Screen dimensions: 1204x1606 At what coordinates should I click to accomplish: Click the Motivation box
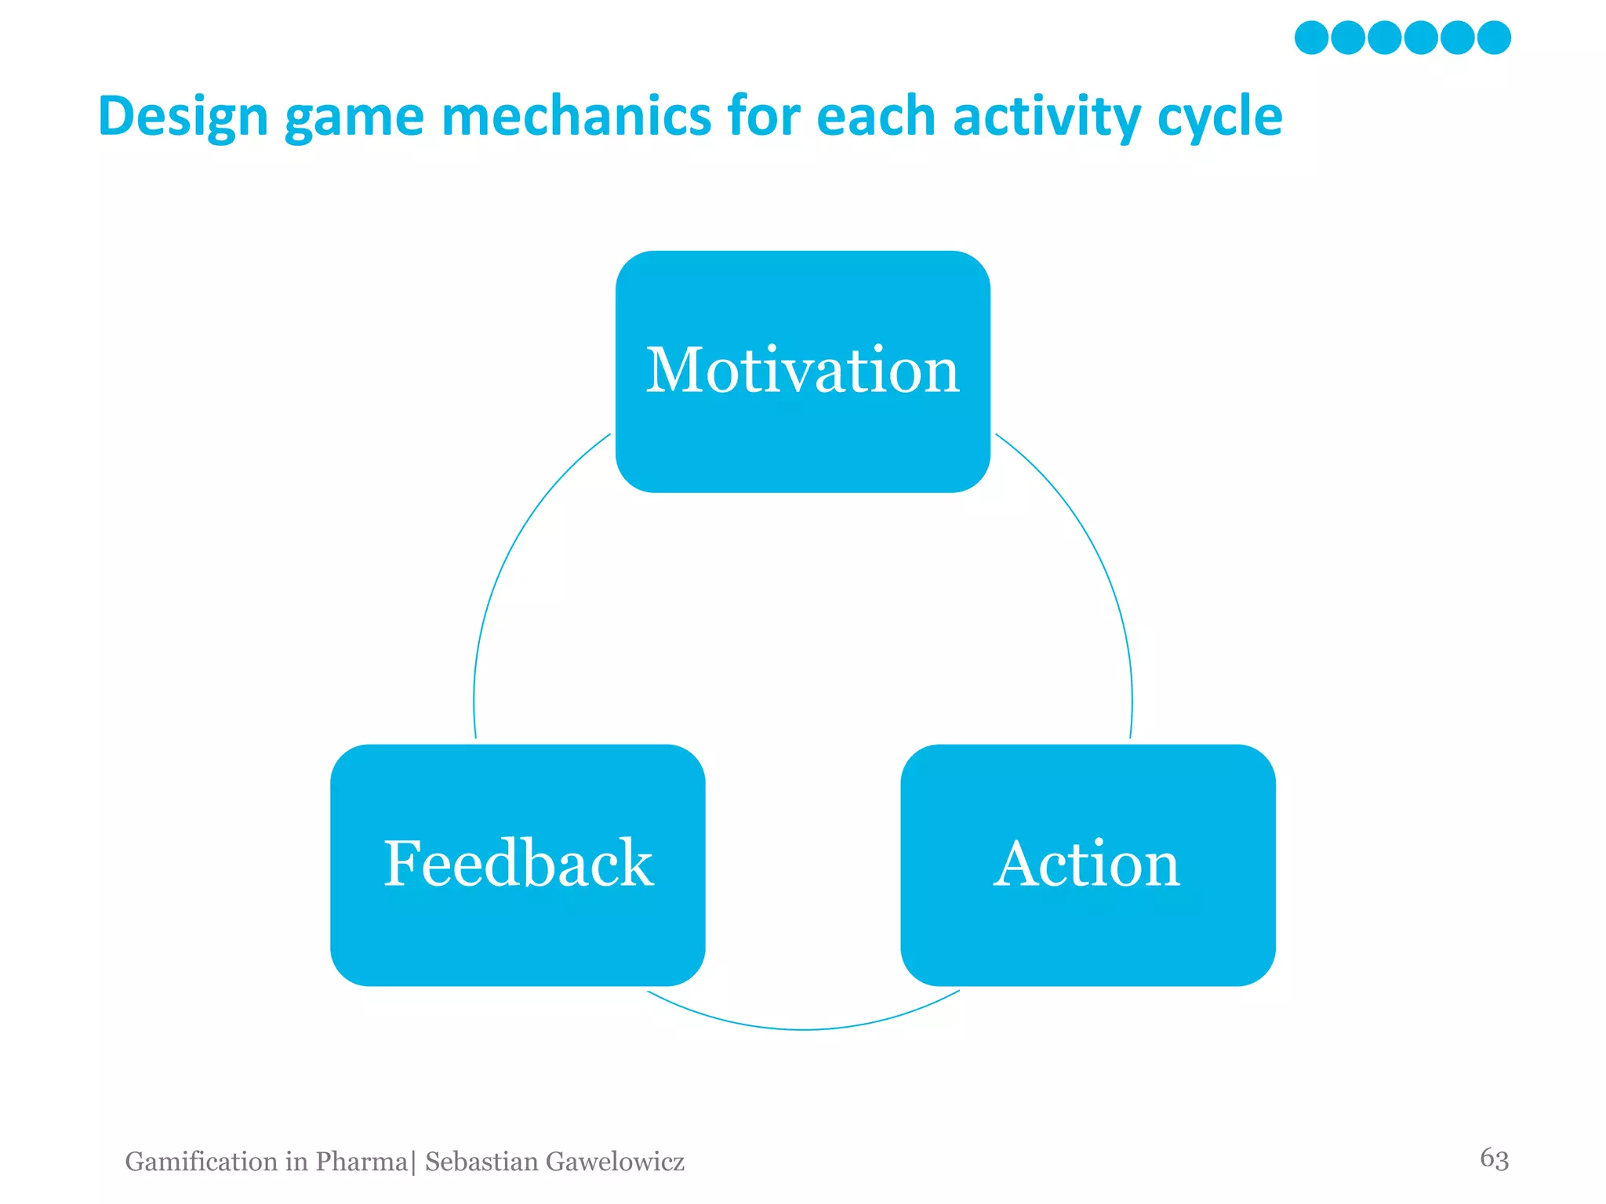click(802, 372)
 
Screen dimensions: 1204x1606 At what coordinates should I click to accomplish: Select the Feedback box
click(518, 865)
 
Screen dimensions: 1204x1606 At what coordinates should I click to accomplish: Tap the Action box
click(1087, 865)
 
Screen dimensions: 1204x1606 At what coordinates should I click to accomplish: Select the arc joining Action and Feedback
click(802, 1028)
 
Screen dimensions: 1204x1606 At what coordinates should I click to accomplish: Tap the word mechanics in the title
click(576, 116)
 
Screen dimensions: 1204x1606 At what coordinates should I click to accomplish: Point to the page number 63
click(1494, 1159)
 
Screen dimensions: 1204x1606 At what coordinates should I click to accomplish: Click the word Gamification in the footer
click(201, 1162)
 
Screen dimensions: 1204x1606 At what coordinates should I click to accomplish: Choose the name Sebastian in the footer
click(481, 1162)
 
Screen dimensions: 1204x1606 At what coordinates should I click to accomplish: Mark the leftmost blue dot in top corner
click(1311, 38)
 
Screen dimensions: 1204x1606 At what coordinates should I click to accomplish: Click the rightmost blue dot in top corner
click(1494, 38)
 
